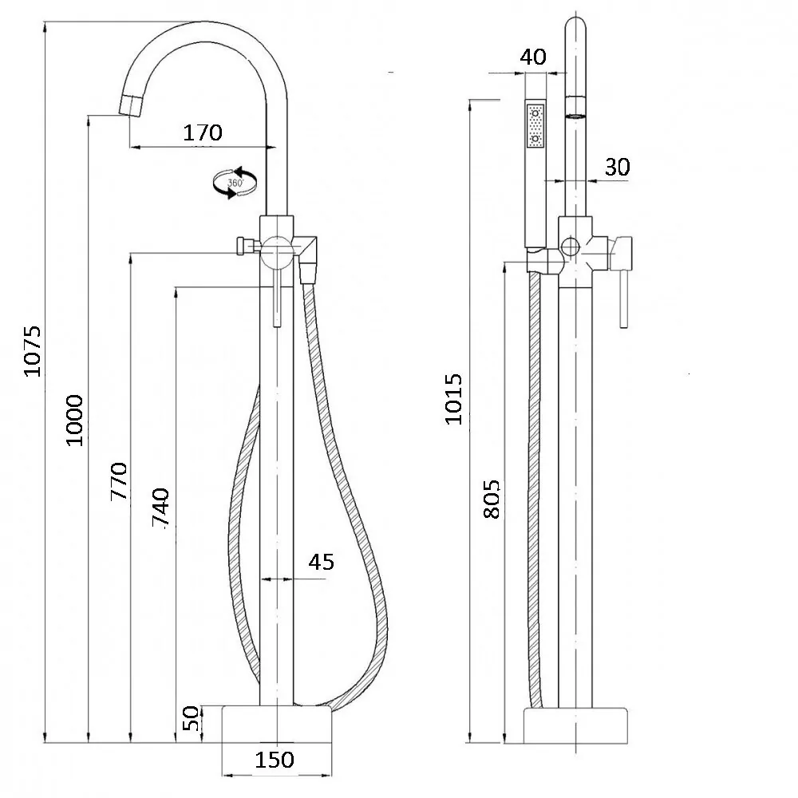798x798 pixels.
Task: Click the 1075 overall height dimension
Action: [33, 351]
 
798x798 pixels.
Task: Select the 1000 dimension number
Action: [74, 421]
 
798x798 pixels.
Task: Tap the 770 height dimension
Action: [119, 481]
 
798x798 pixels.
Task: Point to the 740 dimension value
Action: [161, 507]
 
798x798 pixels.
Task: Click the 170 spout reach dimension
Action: [203, 132]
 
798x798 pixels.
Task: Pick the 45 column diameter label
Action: [321, 562]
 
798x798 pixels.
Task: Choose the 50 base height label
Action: [191, 718]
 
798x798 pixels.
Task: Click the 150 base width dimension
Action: [275, 760]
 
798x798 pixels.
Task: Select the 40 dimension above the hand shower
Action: [533, 57]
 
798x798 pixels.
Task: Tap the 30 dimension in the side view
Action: [618, 167]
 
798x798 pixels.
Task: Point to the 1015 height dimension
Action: [453, 399]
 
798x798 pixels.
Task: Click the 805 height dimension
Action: [491, 499]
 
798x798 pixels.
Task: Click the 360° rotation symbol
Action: [235, 183]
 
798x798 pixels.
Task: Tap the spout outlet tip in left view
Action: [132, 106]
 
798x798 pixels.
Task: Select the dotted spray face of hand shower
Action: [535, 126]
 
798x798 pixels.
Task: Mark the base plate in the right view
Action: [575, 725]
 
